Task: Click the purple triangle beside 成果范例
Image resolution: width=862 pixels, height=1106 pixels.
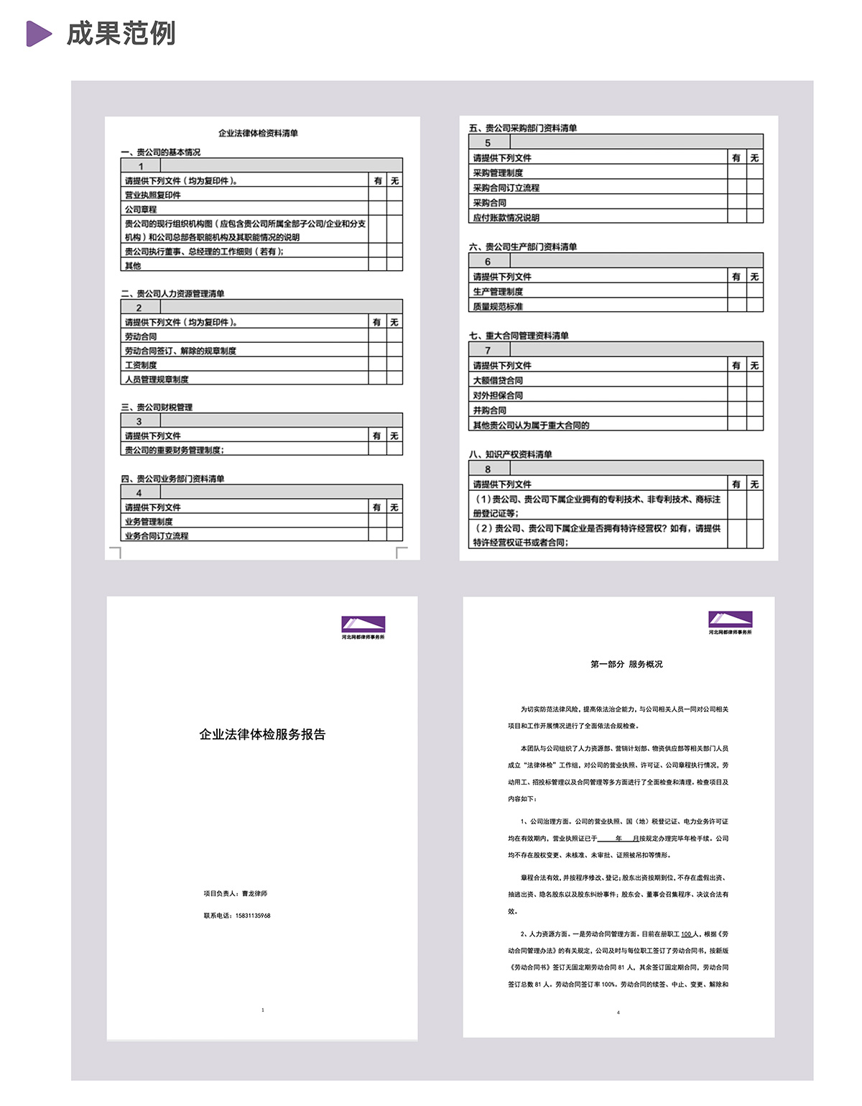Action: click(39, 34)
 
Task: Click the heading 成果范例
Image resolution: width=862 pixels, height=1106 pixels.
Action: click(121, 34)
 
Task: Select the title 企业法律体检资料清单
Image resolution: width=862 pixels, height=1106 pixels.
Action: click(258, 133)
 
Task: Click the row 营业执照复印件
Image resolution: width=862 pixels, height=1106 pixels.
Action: click(153, 195)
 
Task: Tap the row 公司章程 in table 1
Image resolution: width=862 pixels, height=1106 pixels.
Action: click(141, 209)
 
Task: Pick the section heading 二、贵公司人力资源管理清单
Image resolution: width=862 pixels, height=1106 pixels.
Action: click(172, 293)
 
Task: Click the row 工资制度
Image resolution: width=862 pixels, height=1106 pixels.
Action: click(141, 365)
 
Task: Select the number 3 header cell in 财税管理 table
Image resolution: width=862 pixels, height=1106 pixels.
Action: click(139, 421)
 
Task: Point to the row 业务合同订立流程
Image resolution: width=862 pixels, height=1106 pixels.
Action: click(157, 535)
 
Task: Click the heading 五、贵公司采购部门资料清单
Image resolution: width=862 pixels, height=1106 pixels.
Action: click(523, 128)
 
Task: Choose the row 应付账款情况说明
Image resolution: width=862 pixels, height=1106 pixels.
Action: click(506, 217)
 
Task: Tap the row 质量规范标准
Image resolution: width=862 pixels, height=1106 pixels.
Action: click(498, 306)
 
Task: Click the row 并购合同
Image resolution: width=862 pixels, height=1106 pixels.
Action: click(490, 410)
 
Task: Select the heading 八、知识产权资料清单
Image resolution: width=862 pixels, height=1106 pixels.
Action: click(511, 454)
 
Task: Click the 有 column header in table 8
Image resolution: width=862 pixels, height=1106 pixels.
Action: click(736, 484)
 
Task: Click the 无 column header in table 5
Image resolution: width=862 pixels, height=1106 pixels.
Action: click(754, 157)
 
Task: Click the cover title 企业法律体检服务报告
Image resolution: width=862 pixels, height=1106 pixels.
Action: click(262, 734)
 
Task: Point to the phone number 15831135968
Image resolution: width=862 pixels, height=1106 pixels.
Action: click(253, 916)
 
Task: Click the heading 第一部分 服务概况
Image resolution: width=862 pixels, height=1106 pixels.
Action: click(626, 664)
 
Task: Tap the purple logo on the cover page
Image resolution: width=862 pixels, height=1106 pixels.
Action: click(363, 624)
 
